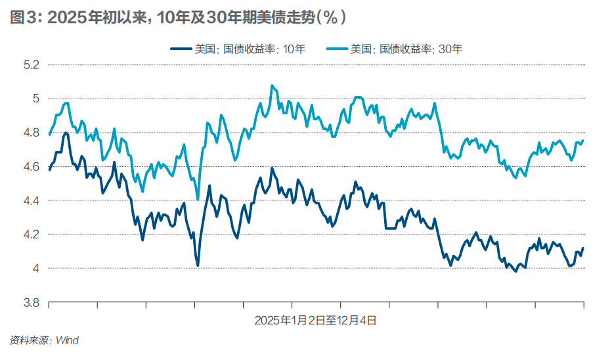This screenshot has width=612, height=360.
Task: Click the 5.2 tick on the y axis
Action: point(32,65)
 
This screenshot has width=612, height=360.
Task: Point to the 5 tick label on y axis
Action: point(35,99)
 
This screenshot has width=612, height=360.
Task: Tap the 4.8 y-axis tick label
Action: point(32,133)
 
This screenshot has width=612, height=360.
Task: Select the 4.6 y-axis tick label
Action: point(32,167)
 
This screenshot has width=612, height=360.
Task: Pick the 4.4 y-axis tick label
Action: point(32,200)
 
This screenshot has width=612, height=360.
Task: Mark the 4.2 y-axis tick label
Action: point(32,235)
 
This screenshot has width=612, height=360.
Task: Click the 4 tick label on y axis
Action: point(35,269)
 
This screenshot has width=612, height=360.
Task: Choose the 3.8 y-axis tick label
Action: point(32,302)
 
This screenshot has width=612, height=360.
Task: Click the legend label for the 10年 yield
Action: point(250,49)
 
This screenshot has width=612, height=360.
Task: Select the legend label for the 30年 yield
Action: point(406,49)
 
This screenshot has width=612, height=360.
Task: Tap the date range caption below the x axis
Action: point(315,321)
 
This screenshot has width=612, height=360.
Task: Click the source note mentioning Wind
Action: point(44,340)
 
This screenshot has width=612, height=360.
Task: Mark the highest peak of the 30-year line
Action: point(272,85)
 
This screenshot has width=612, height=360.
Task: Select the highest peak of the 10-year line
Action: point(66,133)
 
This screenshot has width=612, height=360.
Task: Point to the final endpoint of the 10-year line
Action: point(583,248)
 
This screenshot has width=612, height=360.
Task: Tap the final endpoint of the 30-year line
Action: point(583,140)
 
